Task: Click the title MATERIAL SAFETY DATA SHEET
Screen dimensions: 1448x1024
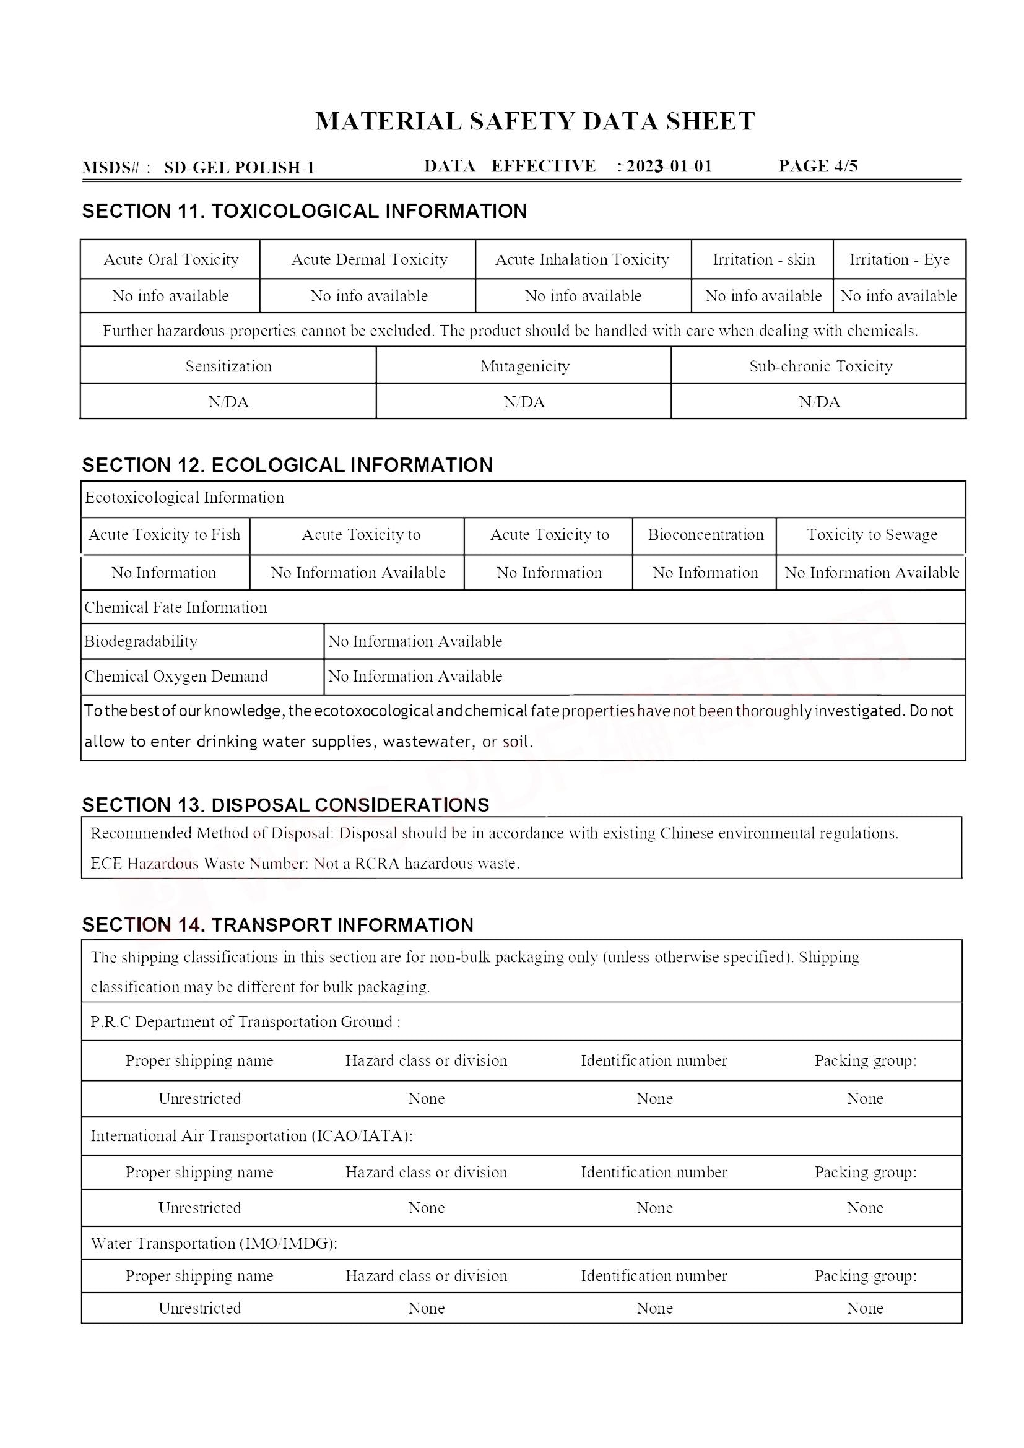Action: point(535,121)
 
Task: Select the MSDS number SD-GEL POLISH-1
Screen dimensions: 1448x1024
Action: point(239,168)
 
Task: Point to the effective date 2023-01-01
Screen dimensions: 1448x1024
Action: point(669,166)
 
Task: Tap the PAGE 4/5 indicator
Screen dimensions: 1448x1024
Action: point(818,166)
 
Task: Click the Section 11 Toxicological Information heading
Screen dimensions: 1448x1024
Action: point(304,211)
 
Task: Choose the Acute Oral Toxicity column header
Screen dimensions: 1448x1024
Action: point(171,259)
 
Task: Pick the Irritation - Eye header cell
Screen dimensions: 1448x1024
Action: point(899,259)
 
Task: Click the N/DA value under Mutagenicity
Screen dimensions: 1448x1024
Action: point(524,402)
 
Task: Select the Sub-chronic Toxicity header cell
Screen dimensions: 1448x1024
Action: point(820,366)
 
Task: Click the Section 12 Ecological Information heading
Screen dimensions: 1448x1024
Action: point(287,465)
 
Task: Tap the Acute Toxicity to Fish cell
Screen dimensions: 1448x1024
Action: point(165,535)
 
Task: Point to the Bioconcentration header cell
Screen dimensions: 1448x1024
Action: point(706,535)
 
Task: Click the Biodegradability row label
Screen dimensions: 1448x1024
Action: point(141,641)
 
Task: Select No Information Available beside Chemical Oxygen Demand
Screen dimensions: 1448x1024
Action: point(415,676)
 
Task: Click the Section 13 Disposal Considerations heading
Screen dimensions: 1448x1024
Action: point(285,805)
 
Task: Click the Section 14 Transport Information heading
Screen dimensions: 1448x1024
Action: point(277,924)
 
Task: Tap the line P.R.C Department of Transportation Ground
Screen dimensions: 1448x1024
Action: point(245,1021)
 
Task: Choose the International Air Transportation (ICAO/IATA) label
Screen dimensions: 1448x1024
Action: point(251,1136)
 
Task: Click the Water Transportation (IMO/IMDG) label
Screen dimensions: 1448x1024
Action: point(214,1243)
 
